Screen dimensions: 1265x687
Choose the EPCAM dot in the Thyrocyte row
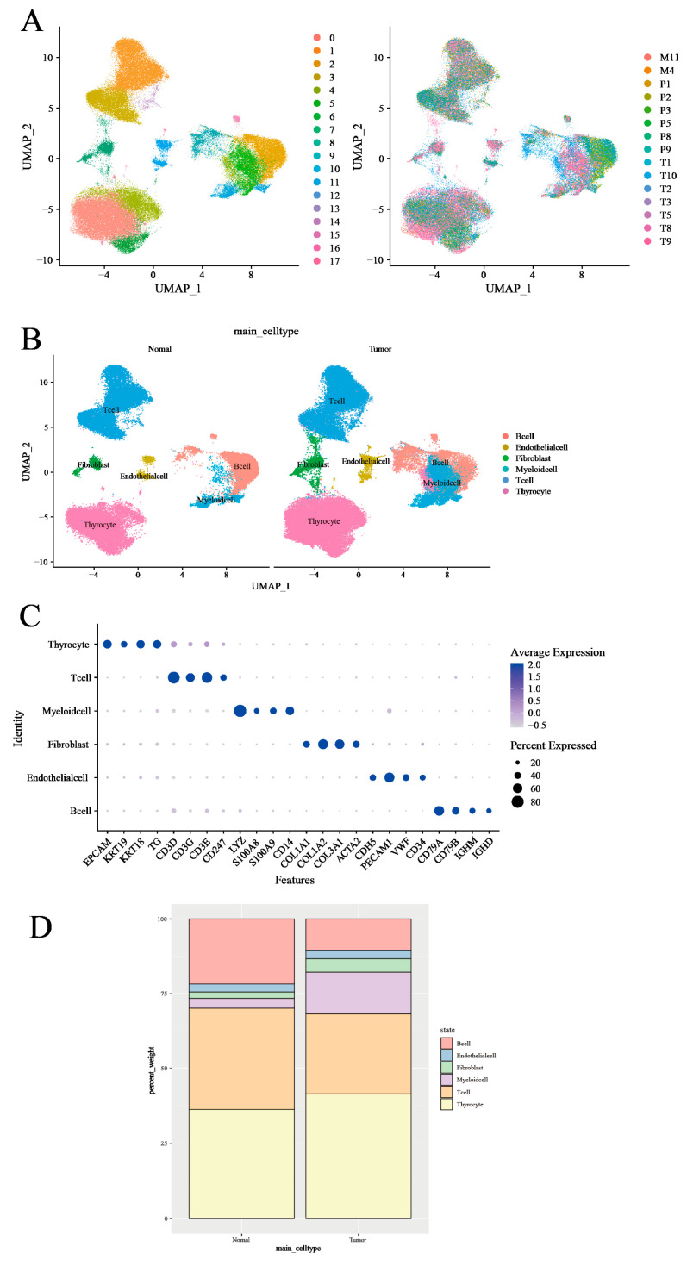(x=108, y=645)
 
